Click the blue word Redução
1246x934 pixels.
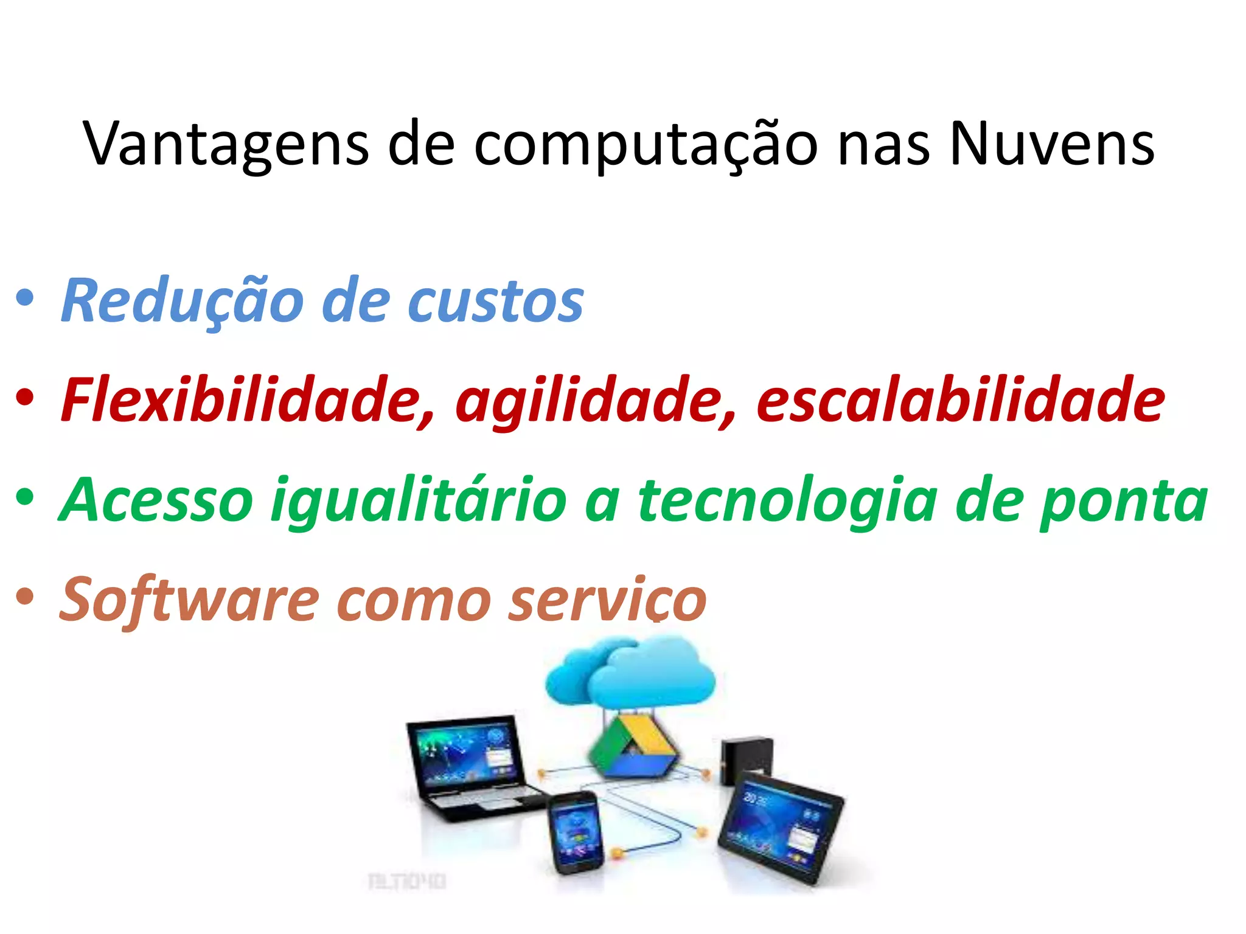click(183, 301)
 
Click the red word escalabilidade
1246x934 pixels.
click(960, 400)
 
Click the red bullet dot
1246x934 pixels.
click(25, 398)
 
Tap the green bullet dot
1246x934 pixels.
click(25, 498)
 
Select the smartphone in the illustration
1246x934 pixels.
click(576, 833)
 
